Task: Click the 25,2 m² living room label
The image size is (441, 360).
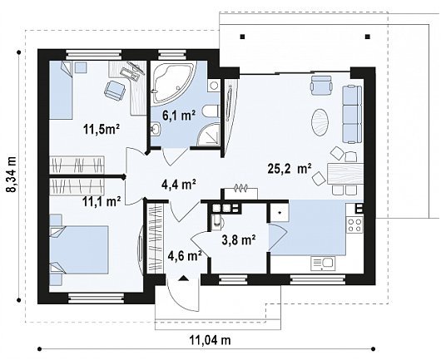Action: [290, 169]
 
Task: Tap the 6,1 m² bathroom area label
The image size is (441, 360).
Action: [178, 116]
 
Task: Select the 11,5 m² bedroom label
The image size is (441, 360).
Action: [102, 129]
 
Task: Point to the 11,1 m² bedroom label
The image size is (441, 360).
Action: [102, 201]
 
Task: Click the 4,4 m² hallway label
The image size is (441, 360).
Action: [179, 185]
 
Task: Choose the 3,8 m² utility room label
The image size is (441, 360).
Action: [239, 240]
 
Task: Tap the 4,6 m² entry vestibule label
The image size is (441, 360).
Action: [185, 255]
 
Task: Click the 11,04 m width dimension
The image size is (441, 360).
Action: [210, 340]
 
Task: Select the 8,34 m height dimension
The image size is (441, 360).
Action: [12, 175]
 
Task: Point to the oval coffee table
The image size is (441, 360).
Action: [320, 122]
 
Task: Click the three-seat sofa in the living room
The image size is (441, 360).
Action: [352, 115]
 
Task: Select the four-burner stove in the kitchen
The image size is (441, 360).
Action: [354, 224]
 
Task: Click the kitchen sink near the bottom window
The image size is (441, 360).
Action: [323, 264]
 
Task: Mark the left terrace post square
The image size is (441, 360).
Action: [243, 37]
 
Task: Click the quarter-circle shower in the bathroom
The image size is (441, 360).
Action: [208, 135]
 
